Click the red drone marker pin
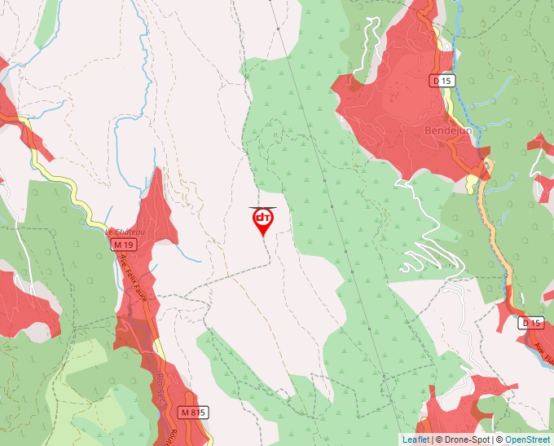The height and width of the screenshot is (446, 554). [262, 221]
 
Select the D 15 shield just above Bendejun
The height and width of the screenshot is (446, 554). [443, 81]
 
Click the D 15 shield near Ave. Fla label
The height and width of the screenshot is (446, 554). [530, 323]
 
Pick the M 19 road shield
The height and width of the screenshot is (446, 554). [123, 245]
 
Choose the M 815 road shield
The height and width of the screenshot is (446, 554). [192, 413]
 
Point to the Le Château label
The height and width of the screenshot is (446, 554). [125, 232]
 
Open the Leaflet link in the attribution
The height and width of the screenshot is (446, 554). [415, 439]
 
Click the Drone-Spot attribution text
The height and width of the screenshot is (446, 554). [465, 439]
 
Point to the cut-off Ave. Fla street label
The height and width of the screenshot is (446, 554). [543, 351]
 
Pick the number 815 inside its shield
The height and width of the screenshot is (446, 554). [196, 413]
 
